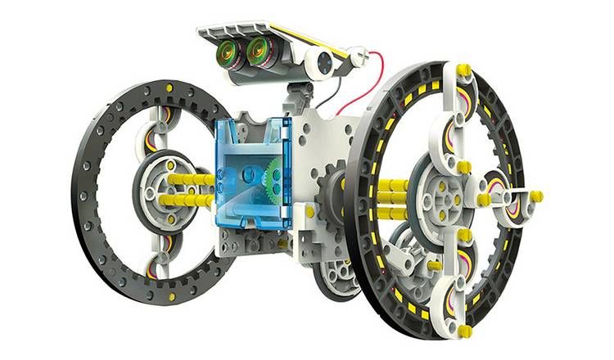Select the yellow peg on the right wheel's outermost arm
click(535, 196)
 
